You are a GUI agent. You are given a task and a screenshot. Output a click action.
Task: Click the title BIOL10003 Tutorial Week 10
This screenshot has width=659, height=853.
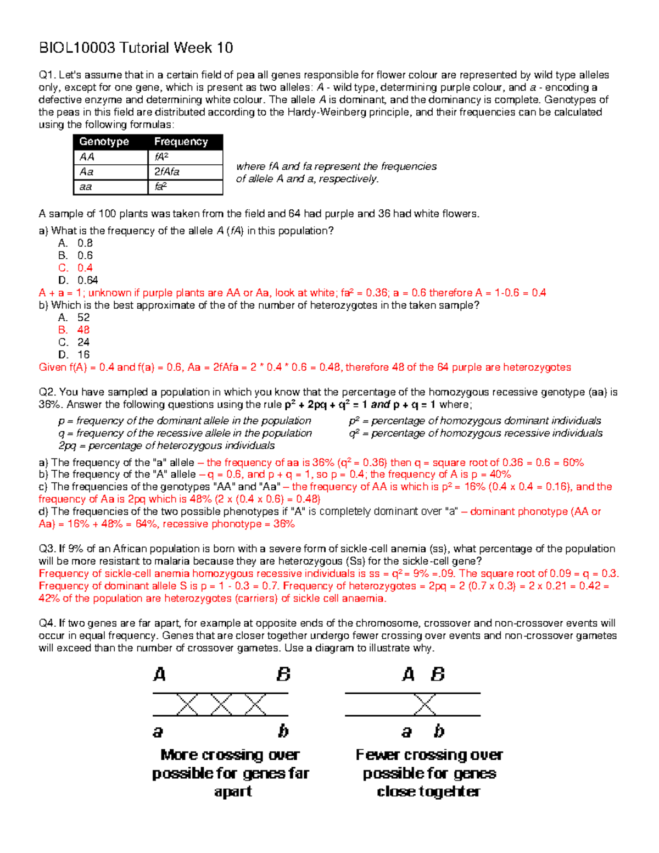tap(136, 48)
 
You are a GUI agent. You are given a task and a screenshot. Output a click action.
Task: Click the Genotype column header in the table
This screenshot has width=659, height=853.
tap(104, 142)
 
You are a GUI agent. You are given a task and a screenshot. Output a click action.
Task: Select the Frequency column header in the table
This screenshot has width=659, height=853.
tap(181, 142)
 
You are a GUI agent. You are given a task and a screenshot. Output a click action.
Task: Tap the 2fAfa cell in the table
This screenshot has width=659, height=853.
tap(166, 172)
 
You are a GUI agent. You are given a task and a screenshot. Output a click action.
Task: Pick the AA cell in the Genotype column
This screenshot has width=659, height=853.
tap(87, 157)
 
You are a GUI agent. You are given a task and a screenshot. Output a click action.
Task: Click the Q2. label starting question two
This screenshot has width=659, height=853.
tap(47, 392)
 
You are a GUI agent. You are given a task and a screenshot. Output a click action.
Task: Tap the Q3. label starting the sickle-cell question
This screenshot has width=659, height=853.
tap(47, 549)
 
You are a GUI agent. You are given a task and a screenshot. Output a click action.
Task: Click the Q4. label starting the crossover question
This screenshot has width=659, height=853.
tap(47, 623)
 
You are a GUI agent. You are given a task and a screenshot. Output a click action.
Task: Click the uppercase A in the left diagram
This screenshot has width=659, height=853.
tap(159, 674)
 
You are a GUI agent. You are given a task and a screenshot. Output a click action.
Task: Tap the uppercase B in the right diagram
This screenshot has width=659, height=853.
tap(438, 674)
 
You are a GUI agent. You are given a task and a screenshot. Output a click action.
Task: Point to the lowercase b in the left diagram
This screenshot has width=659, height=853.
tap(283, 731)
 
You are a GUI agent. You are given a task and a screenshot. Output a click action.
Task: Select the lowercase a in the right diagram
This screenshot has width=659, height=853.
tap(406, 732)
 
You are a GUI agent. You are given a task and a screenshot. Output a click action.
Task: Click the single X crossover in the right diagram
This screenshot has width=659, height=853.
tap(425, 705)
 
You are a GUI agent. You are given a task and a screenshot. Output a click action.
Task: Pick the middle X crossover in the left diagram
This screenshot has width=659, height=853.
tap(221, 705)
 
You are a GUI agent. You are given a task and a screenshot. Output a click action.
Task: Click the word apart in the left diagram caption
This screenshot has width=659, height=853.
tap(233, 791)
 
